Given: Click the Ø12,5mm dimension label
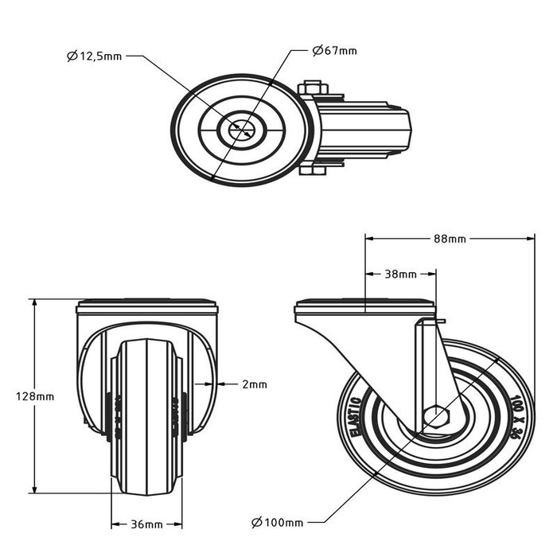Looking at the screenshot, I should (x=95, y=56).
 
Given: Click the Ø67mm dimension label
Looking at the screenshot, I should (x=334, y=51).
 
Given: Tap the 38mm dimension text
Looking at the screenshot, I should (x=400, y=275).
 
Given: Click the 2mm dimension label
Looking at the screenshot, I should (x=254, y=384).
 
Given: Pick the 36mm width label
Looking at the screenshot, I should (x=146, y=524).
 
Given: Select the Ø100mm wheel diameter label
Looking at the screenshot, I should (x=276, y=523).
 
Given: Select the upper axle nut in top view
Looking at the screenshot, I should (x=312, y=87).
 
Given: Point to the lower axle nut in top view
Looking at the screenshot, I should (x=313, y=170).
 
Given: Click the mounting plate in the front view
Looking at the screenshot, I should (x=146, y=306).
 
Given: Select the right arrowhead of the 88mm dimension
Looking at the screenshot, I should (x=528, y=236).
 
